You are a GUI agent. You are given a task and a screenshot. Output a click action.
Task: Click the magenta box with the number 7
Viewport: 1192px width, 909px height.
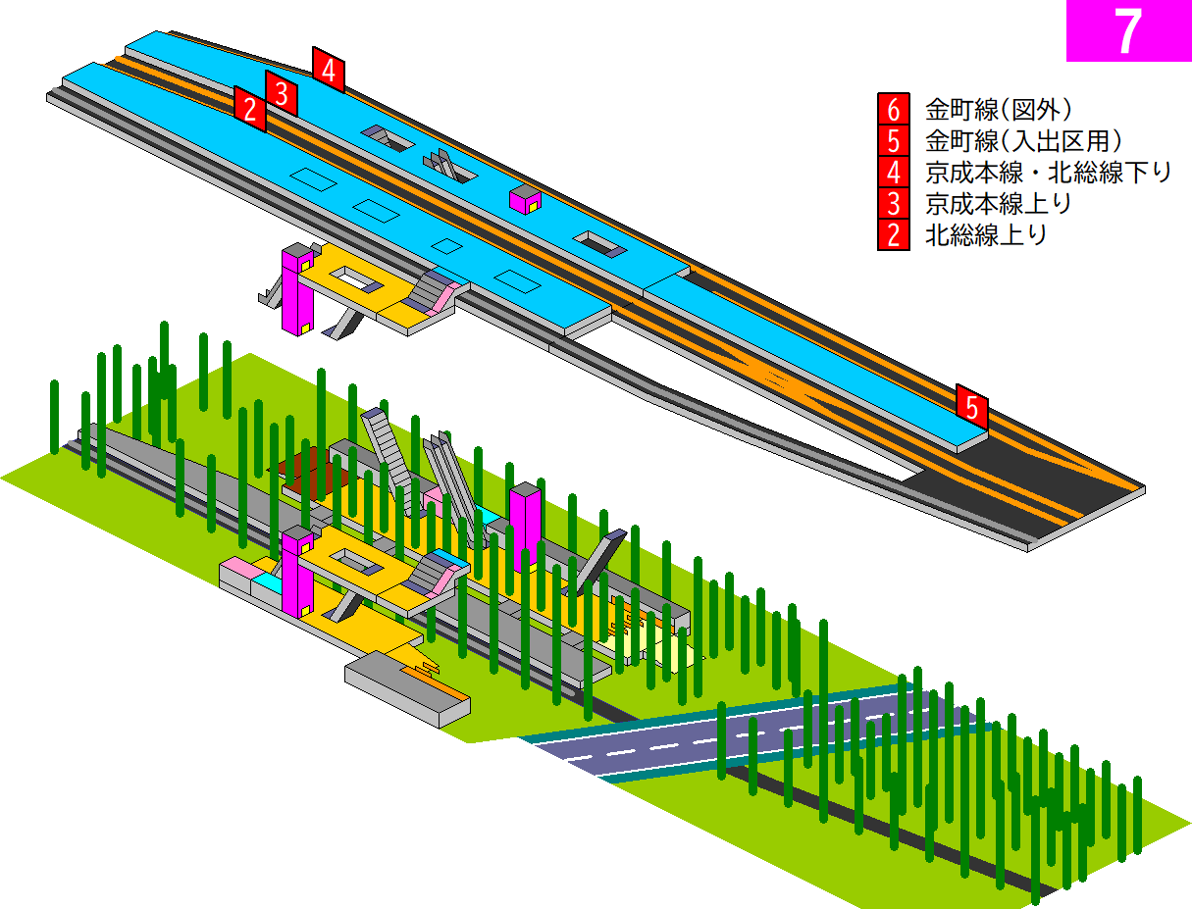pyautogui.click(x=1128, y=30)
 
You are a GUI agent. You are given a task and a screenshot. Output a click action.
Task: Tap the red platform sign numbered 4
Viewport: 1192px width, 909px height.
pyautogui.click(x=329, y=70)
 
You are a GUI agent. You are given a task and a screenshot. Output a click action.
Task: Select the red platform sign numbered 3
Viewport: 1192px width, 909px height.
pyautogui.click(x=282, y=93)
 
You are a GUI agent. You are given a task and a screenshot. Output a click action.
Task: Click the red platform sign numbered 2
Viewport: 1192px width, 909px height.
pyautogui.click(x=250, y=109)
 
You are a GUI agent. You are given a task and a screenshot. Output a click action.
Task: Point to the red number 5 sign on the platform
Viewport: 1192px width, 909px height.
pyautogui.click(x=972, y=407)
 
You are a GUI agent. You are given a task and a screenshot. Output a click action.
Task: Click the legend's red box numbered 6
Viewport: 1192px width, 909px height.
pyautogui.click(x=894, y=109)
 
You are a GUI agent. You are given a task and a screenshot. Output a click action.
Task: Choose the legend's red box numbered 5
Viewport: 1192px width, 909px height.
pyautogui.click(x=894, y=140)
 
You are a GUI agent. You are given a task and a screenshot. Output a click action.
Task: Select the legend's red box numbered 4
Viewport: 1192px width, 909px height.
pyautogui.click(x=894, y=172)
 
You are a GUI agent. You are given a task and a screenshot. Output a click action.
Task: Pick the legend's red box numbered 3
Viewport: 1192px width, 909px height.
pyautogui.click(x=894, y=204)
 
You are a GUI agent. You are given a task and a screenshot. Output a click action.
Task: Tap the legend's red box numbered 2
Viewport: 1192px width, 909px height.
pyautogui.click(x=894, y=235)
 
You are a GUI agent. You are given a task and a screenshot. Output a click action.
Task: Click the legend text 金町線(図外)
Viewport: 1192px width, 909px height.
pyautogui.click(x=999, y=110)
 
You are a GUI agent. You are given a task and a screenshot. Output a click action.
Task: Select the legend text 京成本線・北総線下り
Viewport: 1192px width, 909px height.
pyautogui.click(x=1048, y=173)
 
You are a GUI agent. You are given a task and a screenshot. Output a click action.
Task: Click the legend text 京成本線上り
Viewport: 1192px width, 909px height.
pyautogui.click(x=998, y=204)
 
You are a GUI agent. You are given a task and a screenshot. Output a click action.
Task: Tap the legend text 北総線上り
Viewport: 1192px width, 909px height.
pyautogui.click(x=986, y=235)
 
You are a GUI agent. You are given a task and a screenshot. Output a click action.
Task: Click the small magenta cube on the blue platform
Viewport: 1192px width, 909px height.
pyautogui.click(x=525, y=200)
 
